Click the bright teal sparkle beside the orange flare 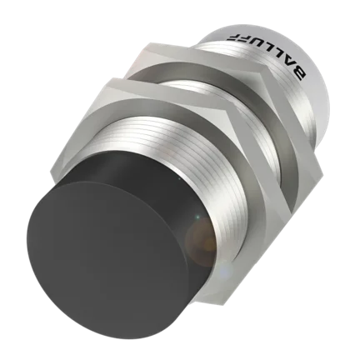(197, 217)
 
